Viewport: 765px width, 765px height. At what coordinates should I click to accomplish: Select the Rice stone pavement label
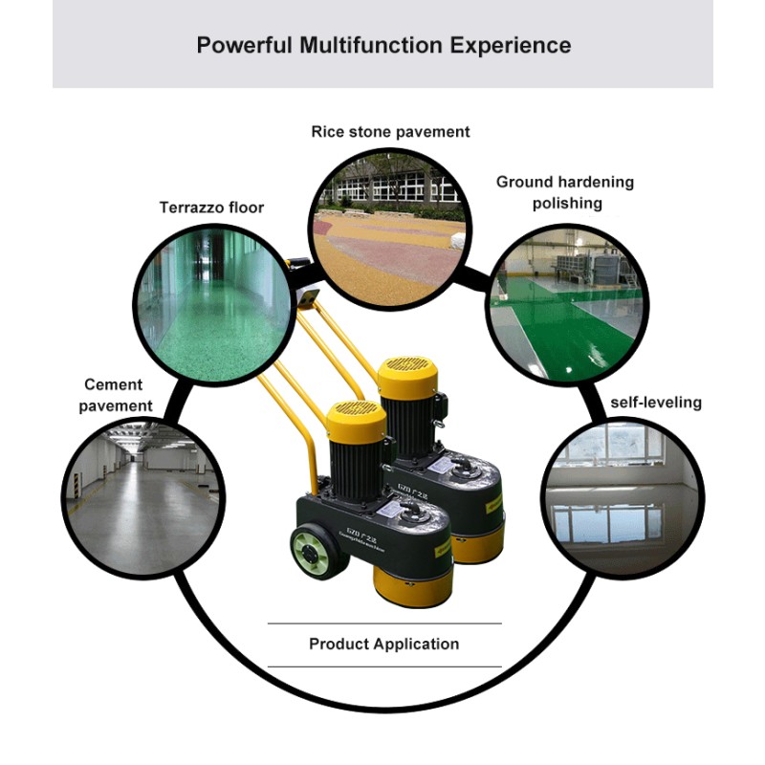(390, 132)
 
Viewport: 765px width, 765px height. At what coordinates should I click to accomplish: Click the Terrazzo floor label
(211, 208)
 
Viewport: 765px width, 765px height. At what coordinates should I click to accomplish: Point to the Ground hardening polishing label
(565, 192)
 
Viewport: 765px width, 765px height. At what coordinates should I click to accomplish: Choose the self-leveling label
(656, 403)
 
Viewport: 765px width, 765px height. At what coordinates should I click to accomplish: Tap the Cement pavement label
(113, 395)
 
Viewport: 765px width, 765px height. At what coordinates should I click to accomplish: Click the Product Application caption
(383, 644)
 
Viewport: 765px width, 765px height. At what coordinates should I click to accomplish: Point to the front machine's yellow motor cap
(356, 421)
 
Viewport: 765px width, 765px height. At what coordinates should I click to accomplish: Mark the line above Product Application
(383, 623)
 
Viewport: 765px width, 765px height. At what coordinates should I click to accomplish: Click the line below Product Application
(383, 667)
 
